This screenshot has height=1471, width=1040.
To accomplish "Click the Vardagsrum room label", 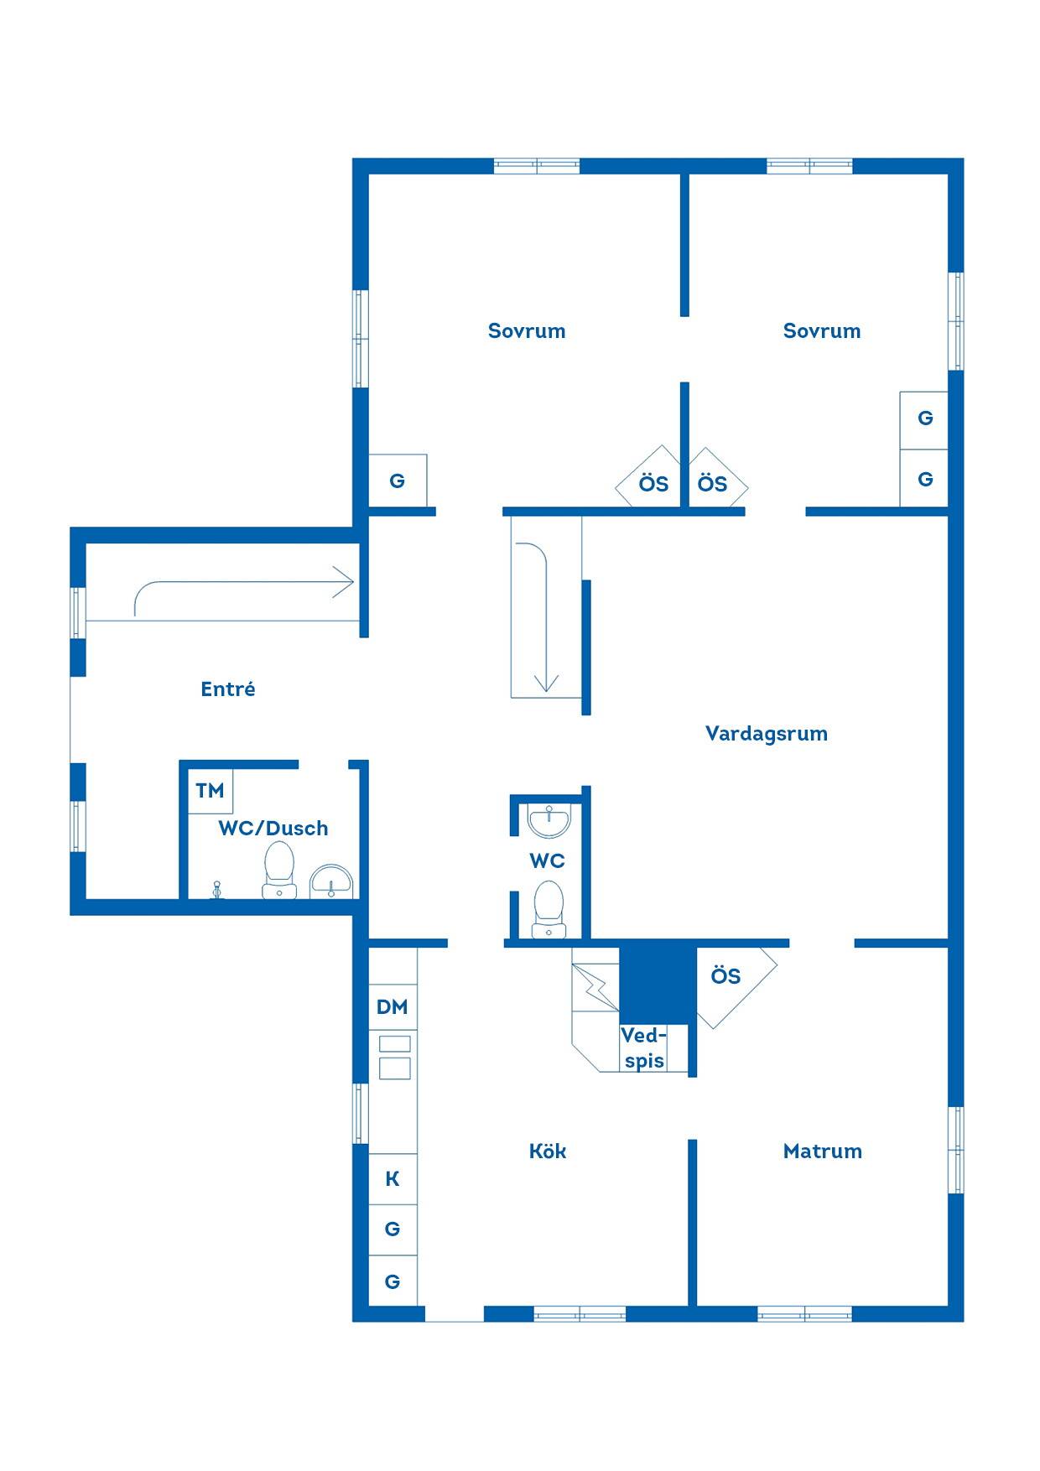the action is point(766,734).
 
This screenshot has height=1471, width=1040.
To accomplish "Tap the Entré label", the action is point(228,689).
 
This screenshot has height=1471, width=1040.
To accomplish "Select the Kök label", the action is point(548,1151).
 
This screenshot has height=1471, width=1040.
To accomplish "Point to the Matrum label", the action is point(822,1151).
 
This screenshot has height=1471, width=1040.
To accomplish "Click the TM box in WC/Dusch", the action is point(210,790).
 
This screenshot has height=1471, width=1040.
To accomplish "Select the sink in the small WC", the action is point(549,819).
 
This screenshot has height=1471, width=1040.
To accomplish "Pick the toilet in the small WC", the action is point(549,908).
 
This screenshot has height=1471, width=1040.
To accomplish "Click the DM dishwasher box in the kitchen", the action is point(393,1007).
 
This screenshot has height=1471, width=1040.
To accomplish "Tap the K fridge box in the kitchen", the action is point(393,1179).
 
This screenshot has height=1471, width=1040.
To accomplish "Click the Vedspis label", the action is point(644,1048).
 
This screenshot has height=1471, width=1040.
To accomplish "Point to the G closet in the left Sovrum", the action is point(398,481).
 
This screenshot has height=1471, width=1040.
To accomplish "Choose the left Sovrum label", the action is point(527,330).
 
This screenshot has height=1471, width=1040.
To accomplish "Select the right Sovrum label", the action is point(822,330).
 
